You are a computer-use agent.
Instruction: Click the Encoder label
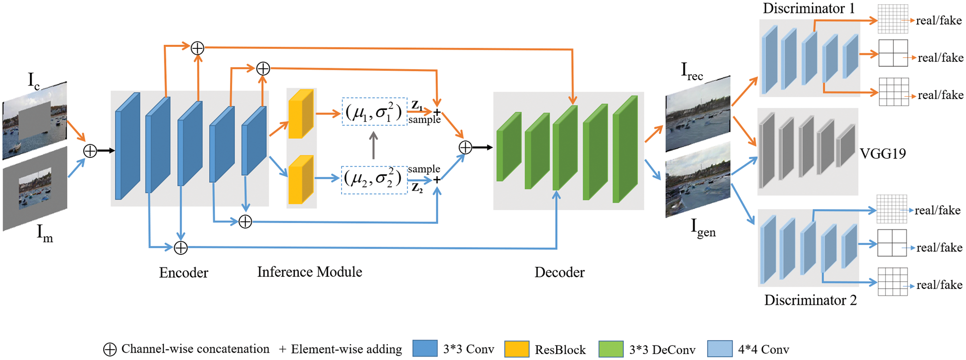point(183,272)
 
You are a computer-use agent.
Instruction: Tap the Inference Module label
point(309,271)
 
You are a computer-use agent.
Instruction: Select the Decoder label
point(559,272)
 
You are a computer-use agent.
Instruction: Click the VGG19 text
point(882,153)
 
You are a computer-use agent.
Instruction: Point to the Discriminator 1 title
point(809,8)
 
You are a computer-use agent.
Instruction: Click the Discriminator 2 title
point(810,300)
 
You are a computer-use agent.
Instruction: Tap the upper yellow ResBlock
point(301,114)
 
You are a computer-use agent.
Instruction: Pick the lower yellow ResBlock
point(301,180)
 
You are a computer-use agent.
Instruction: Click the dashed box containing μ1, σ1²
point(374,112)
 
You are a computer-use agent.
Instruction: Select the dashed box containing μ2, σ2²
point(374,179)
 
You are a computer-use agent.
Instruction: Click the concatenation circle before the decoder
point(465,147)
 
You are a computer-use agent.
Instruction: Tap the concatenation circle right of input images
point(90,151)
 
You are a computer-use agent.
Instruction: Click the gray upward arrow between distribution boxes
point(373,145)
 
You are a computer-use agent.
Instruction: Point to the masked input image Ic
point(35,120)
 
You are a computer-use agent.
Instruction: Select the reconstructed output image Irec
point(698,114)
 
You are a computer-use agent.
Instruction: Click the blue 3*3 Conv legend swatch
point(425,349)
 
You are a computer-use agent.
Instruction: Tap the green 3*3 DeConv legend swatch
point(611,349)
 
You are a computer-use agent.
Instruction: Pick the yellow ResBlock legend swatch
point(517,349)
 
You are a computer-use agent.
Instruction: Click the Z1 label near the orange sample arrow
point(417,106)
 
